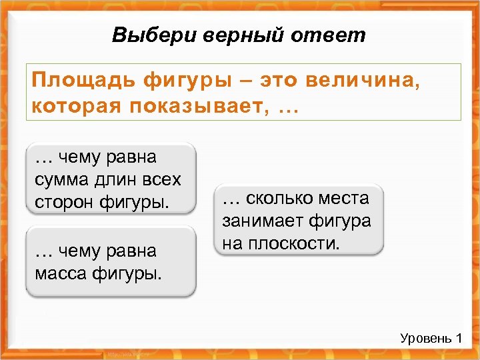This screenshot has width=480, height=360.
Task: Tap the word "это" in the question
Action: pos(276,81)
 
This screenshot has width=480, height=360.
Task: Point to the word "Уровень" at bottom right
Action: pos(424,339)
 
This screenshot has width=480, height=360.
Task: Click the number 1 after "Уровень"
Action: pos(459,339)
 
